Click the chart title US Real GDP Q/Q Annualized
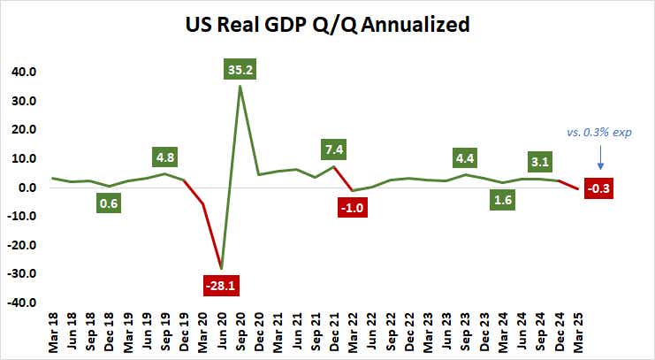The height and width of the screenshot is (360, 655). pos(327,26)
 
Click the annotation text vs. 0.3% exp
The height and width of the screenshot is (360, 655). pos(599,132)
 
